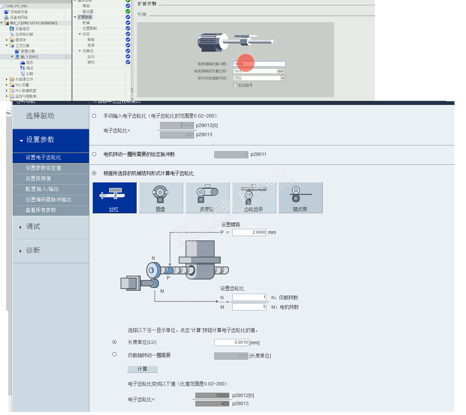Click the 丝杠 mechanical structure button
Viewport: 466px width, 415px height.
[114, 198]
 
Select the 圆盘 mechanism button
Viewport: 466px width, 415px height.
[161, 198]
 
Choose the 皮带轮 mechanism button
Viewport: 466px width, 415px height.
[207, 198]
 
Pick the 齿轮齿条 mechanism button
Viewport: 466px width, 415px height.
[254, 198]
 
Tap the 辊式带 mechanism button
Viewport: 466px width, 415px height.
[300, 198]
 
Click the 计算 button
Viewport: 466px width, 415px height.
[142, 369]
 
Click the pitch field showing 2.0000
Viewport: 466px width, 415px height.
[249, 232]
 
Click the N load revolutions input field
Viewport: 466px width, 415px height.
[249, 297]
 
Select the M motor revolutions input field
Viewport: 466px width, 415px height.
[249, 307]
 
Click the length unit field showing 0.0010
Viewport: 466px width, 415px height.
[231, 342]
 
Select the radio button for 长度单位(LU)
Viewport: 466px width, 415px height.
[114, 342]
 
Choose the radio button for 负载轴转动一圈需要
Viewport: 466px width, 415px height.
[114, 355]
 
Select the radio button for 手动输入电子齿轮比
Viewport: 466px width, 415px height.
[94, 116]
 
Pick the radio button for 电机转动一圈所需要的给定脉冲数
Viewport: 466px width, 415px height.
[94, 154]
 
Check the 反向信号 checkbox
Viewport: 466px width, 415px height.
[235, 86]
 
